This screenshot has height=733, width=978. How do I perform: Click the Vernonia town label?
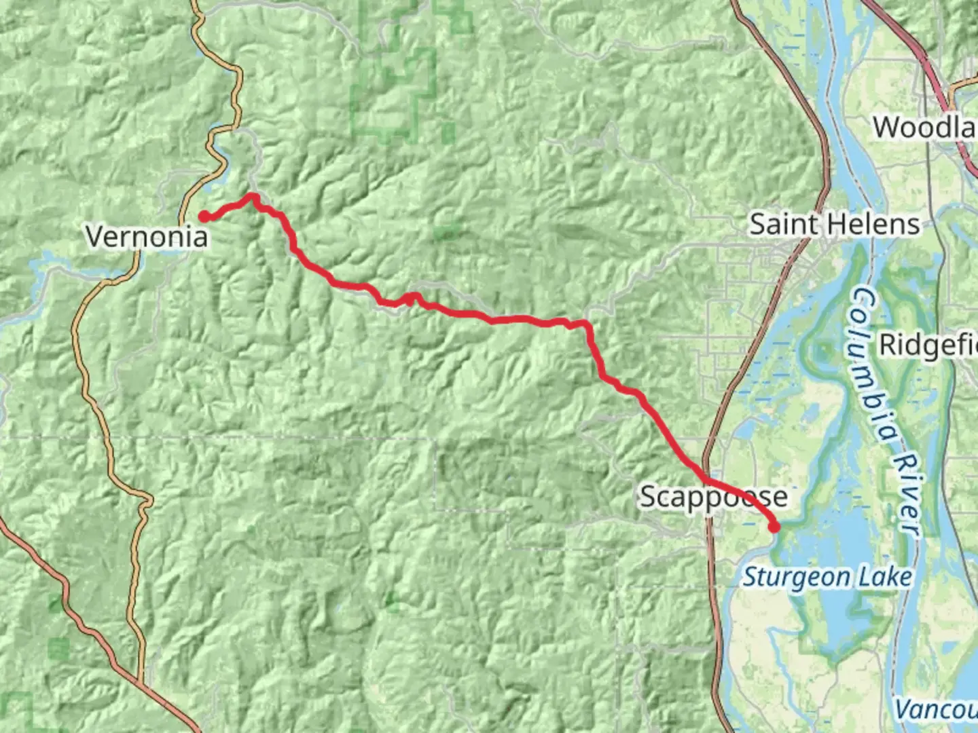(x=147, y=237)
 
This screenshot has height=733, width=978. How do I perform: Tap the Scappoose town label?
(x=714, y=497)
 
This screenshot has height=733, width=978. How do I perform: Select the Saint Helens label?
(x=835, y=224)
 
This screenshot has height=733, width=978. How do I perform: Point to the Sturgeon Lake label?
(x=827, y=577)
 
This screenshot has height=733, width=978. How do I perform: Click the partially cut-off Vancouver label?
(x=936, y=710)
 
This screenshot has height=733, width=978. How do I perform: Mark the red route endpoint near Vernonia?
(x=204, y=217)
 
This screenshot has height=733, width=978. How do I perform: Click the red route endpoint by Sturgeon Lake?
(x=774, y=527)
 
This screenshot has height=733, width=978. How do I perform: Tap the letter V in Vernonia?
(x=94, y=237)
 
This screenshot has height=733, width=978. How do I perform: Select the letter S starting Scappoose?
(x=649, y=497)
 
